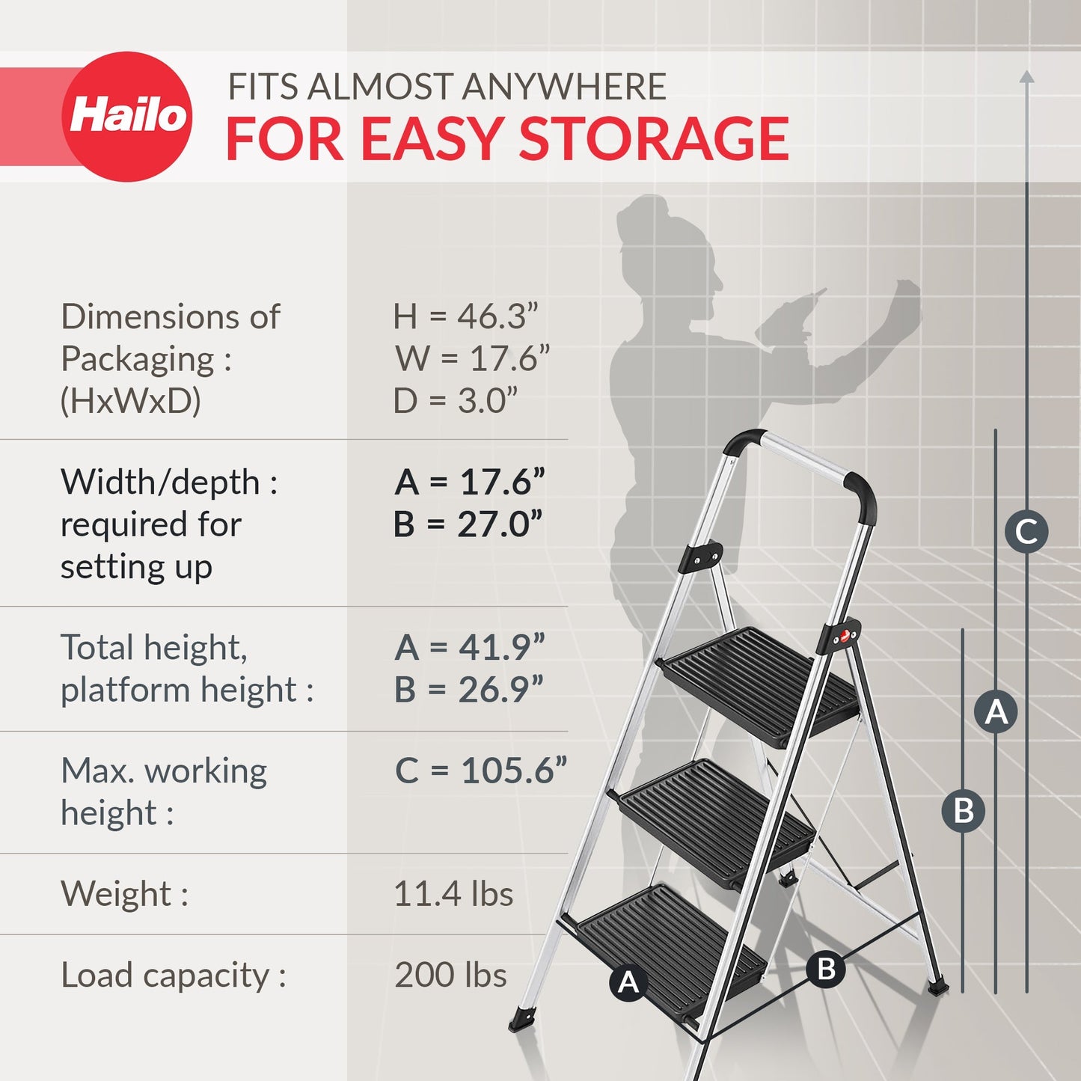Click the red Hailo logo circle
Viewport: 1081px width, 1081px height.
coord(126,117)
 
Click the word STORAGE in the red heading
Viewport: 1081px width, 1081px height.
coord(654,139)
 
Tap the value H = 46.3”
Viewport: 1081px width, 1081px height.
coord(465,316)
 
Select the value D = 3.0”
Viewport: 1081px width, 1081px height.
coord(456,401)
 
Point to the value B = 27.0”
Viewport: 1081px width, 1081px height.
coord(468,524)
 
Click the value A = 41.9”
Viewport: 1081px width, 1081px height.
coord(469,647)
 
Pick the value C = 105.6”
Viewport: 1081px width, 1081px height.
coord(480,771)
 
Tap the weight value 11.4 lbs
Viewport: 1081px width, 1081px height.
coord(453,894)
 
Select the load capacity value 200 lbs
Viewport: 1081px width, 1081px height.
coord(450,975)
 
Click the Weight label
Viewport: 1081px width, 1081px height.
coord(124,894)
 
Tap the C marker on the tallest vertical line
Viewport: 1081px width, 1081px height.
coord(1026,532)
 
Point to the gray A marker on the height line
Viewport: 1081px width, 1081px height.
coord(996,711)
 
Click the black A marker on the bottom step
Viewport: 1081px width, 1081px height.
coord(628,982)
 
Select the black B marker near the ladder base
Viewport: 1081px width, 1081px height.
coord(826,969)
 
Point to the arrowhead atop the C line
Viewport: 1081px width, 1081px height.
coord(1027,76)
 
